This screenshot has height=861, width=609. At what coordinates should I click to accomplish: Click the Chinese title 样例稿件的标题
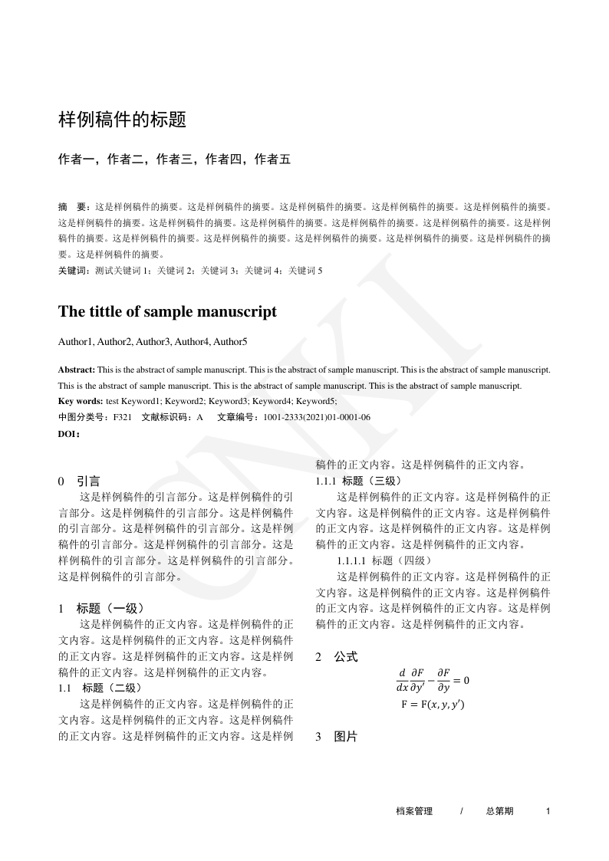123,120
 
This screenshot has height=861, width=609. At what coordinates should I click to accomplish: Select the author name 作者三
173,160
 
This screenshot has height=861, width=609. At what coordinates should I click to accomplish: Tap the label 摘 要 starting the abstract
73,207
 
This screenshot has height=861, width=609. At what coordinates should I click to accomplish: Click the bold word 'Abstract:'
77,369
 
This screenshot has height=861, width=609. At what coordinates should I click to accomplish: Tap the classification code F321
123,417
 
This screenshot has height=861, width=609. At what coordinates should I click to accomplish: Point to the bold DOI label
69,433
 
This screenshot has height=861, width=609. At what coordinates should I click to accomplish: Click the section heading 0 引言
79,481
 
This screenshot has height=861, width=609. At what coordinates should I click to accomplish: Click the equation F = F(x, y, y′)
433,704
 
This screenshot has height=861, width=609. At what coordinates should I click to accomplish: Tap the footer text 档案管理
414,811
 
